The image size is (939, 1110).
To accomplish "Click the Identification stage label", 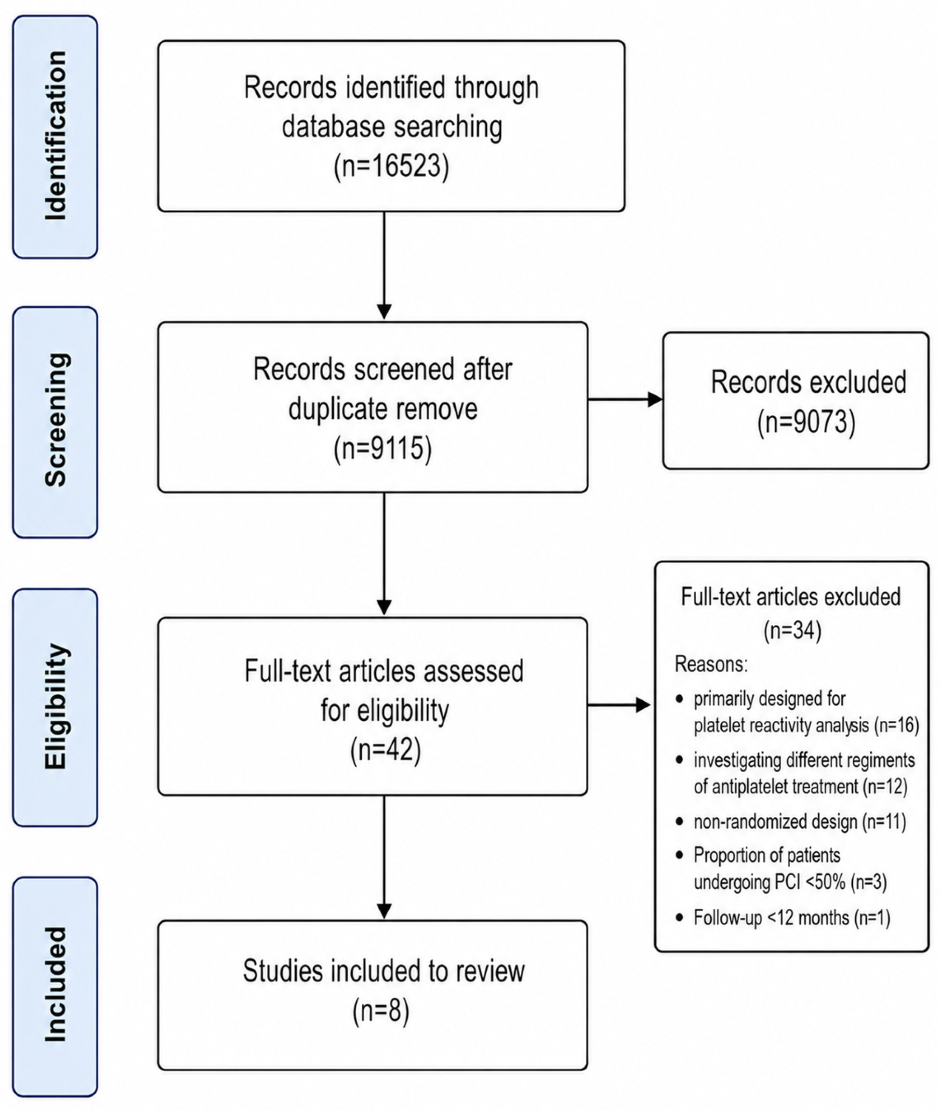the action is pyautogui.click(x=55, y=136).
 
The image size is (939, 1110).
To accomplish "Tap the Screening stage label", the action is pyautogui.click(x=55, y=420).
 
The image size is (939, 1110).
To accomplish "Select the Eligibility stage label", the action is pyautogui.click(x=55, y=706).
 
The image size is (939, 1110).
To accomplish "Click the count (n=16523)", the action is pyautogui.click(x=391, y=167).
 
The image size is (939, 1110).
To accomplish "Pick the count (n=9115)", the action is pyautogui.click(x=383, y=448).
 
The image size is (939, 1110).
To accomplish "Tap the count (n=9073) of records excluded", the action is pyautogui.click(x=806, y=422).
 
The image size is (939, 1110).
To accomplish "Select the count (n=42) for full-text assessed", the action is pyautogui.click(x=386, y=750).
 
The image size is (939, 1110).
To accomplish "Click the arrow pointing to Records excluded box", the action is pyautogui.click(x=625, y=399).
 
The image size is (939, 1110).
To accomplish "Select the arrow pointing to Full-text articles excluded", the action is pyautogui.click(x=619, y=705).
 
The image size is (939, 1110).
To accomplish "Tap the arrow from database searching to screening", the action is pyautogui.click(x=384, y=265).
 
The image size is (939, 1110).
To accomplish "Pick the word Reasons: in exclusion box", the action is pyautogui.click(x=711, y=664).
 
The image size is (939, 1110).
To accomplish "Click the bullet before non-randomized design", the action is pyautogui.click(x=679, y=822).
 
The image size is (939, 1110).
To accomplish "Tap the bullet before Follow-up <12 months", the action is pyautogui.click(x=679, y=918).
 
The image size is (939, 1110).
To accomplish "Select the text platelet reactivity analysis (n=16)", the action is pyautogui.click(x=806, y=725).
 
